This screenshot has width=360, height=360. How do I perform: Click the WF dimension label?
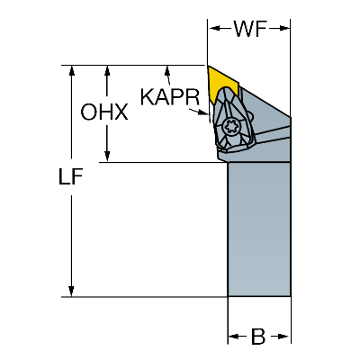point(250,29)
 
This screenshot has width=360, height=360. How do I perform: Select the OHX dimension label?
point(104,112)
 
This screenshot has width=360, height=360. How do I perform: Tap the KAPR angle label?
point(170,97)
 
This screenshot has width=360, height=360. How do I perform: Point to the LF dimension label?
point(71,176)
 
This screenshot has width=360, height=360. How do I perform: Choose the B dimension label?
point(258,337)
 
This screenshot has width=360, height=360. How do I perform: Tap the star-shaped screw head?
point(230,127)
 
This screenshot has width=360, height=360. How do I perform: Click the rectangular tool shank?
point(259,229)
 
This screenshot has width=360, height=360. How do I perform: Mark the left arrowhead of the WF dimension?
point(214,29)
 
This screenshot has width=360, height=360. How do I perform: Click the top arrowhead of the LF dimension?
point(71,70)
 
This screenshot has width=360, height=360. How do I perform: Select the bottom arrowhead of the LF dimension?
point(71,291)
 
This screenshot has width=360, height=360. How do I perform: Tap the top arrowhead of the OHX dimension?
point(107,70)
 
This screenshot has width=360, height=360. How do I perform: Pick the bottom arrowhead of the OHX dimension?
point(107,157)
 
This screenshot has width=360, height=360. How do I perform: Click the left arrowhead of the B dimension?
point(234,337)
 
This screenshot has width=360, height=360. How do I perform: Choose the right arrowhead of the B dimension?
point(284,337)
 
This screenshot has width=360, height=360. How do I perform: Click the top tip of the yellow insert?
point(208,66)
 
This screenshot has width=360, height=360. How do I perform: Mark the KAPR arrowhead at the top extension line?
point(167,71)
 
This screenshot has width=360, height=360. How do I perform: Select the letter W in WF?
point(244,29)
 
